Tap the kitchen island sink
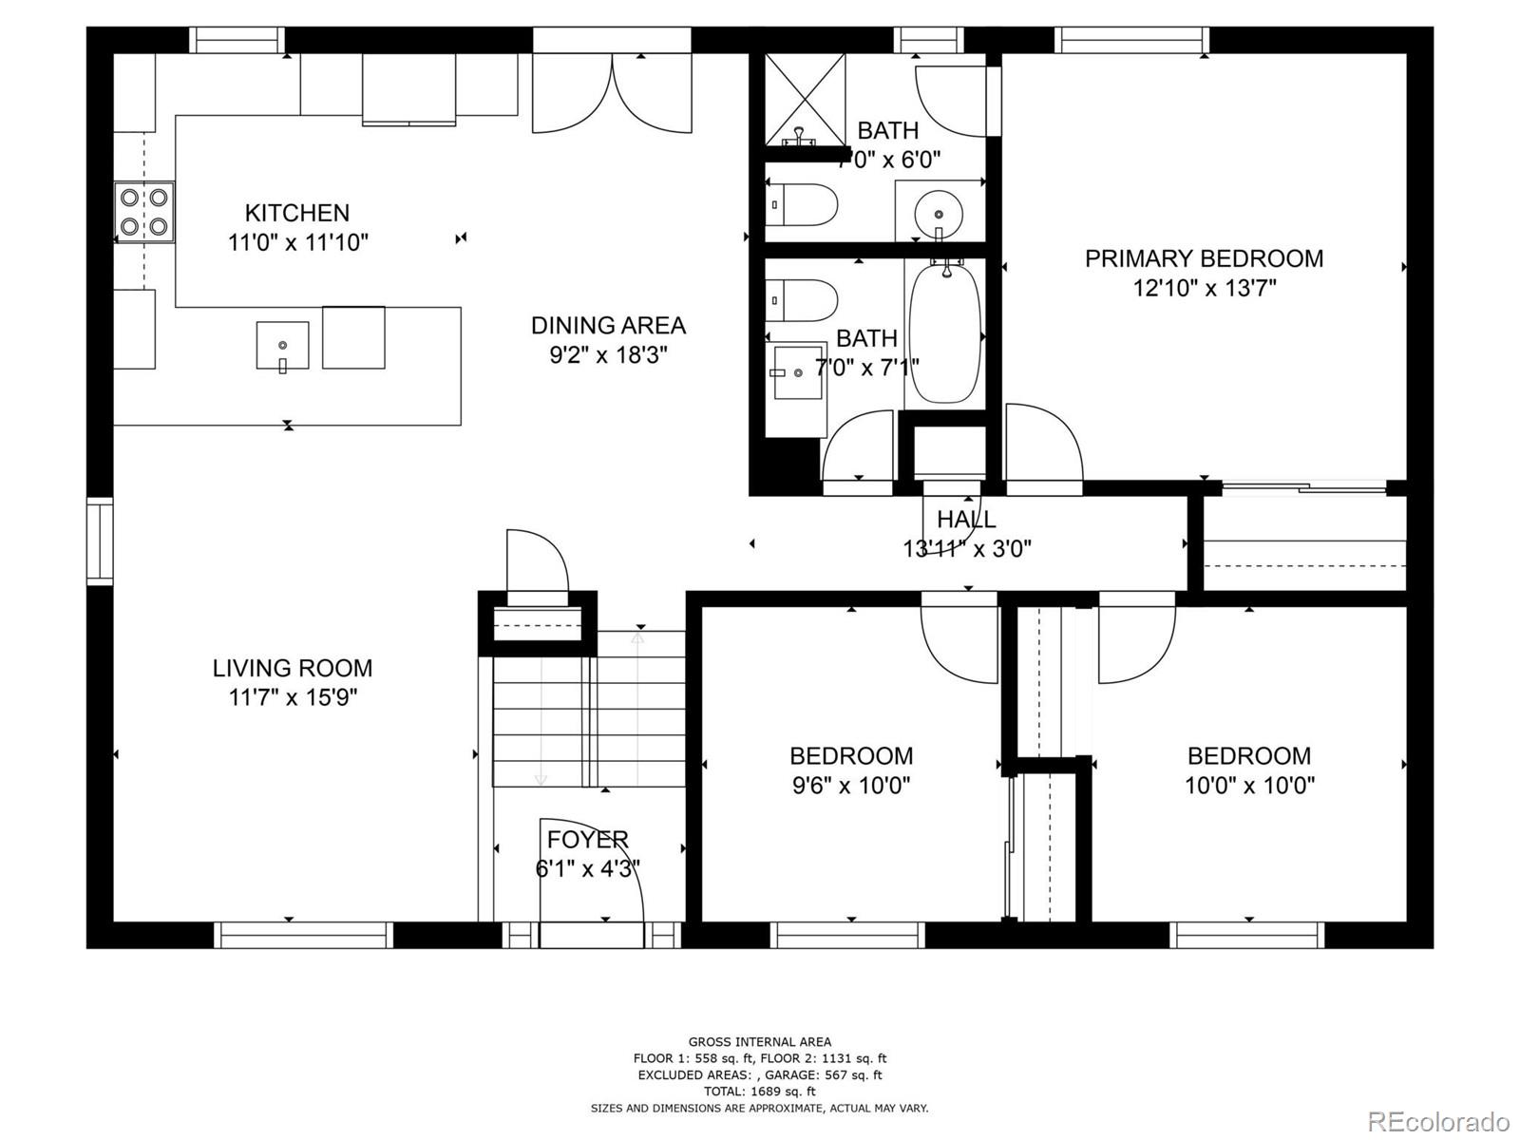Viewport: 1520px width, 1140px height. pos(282,346)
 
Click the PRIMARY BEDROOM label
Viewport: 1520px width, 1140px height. pos(1204,258)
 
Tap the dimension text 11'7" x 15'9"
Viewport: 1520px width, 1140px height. pos(293,698)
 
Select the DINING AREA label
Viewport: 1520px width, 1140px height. pos(608,326)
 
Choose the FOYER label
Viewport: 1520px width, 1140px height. pos(587,840)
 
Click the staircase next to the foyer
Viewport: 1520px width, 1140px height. pos(589,708)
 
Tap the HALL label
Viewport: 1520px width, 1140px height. pos(966,520)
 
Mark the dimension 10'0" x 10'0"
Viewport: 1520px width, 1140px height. pos(1249,786)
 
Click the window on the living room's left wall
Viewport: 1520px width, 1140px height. pos(100,540)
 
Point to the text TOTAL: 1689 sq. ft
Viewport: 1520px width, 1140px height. pos(759,1092)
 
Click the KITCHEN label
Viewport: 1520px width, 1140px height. pos(297,213)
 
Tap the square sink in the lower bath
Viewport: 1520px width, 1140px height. pos(796,373)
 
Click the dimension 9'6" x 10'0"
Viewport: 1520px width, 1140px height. pos(850,786)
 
